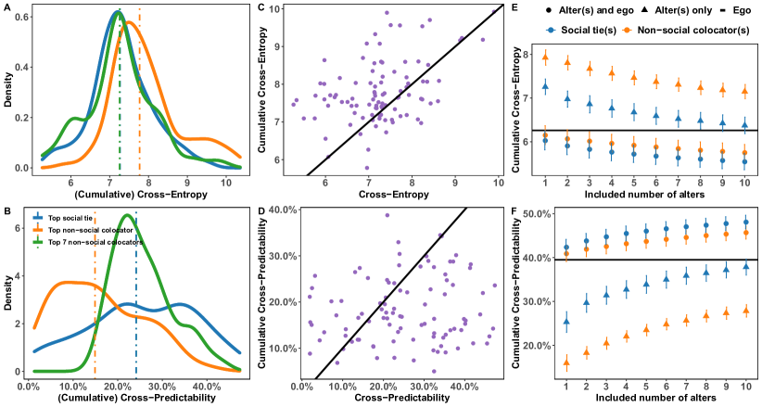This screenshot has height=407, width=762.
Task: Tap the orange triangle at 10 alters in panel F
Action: (744, 311)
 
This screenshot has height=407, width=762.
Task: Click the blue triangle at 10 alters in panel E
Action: (744, 125)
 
